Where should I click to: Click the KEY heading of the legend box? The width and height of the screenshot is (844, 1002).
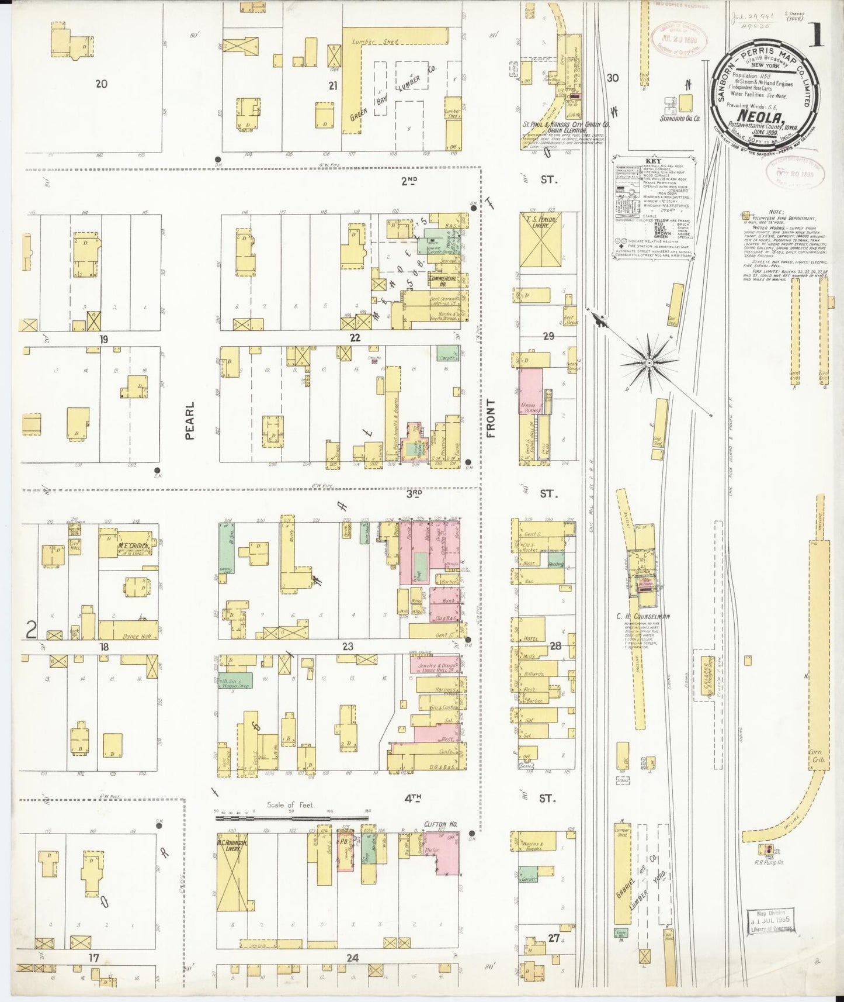tap(653, 161)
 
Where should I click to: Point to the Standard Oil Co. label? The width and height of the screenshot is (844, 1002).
tap(680, 118)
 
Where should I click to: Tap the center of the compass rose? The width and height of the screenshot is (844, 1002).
tap(648, 362)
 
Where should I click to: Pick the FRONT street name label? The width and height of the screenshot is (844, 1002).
tap(490, 418)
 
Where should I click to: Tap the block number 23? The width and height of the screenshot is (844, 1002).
tap(348, 647)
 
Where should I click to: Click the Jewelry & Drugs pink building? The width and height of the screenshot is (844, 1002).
tap(438, 666)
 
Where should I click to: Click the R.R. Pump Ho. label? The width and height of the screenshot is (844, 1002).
tap(770, 862)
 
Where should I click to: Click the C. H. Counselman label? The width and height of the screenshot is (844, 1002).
tap(642, 616)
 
